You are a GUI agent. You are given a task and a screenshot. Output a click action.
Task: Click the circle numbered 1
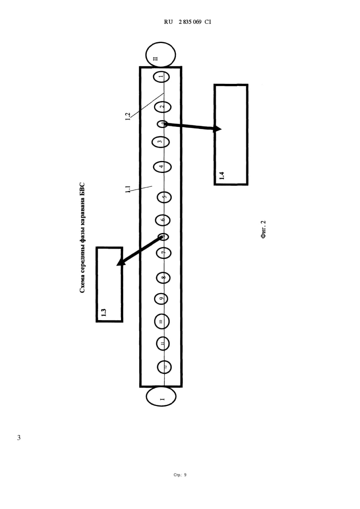click(x=161, y=76)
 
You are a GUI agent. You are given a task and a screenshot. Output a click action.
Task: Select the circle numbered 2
click(x=162, y=107)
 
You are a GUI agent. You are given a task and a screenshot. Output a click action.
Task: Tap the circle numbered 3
click(x=160, y=141)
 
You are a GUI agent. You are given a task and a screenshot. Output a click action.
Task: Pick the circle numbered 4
click(x=162, y=167)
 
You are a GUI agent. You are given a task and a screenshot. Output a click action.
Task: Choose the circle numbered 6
click(x=162, y=220)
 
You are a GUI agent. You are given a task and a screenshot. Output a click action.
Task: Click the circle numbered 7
click(x=163, y=253)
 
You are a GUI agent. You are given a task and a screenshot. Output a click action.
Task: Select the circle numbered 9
click(x=162, y=298)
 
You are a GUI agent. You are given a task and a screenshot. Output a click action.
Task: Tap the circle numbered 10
click(x=162, y=321)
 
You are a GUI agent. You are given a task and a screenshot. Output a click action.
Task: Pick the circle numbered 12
click(x=164, y=367)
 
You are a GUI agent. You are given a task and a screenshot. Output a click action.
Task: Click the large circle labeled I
click(x=161, y=396)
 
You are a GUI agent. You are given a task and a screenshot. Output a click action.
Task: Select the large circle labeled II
click(x=160, y=54)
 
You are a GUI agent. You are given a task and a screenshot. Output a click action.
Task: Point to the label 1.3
click(x=103, y=311)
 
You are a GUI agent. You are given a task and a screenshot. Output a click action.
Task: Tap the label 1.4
click(x=222, y=175)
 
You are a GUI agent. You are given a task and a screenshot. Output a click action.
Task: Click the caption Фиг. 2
click(x=263, y=229)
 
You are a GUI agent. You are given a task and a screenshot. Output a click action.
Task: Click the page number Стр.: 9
click(x=180, y=475)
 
